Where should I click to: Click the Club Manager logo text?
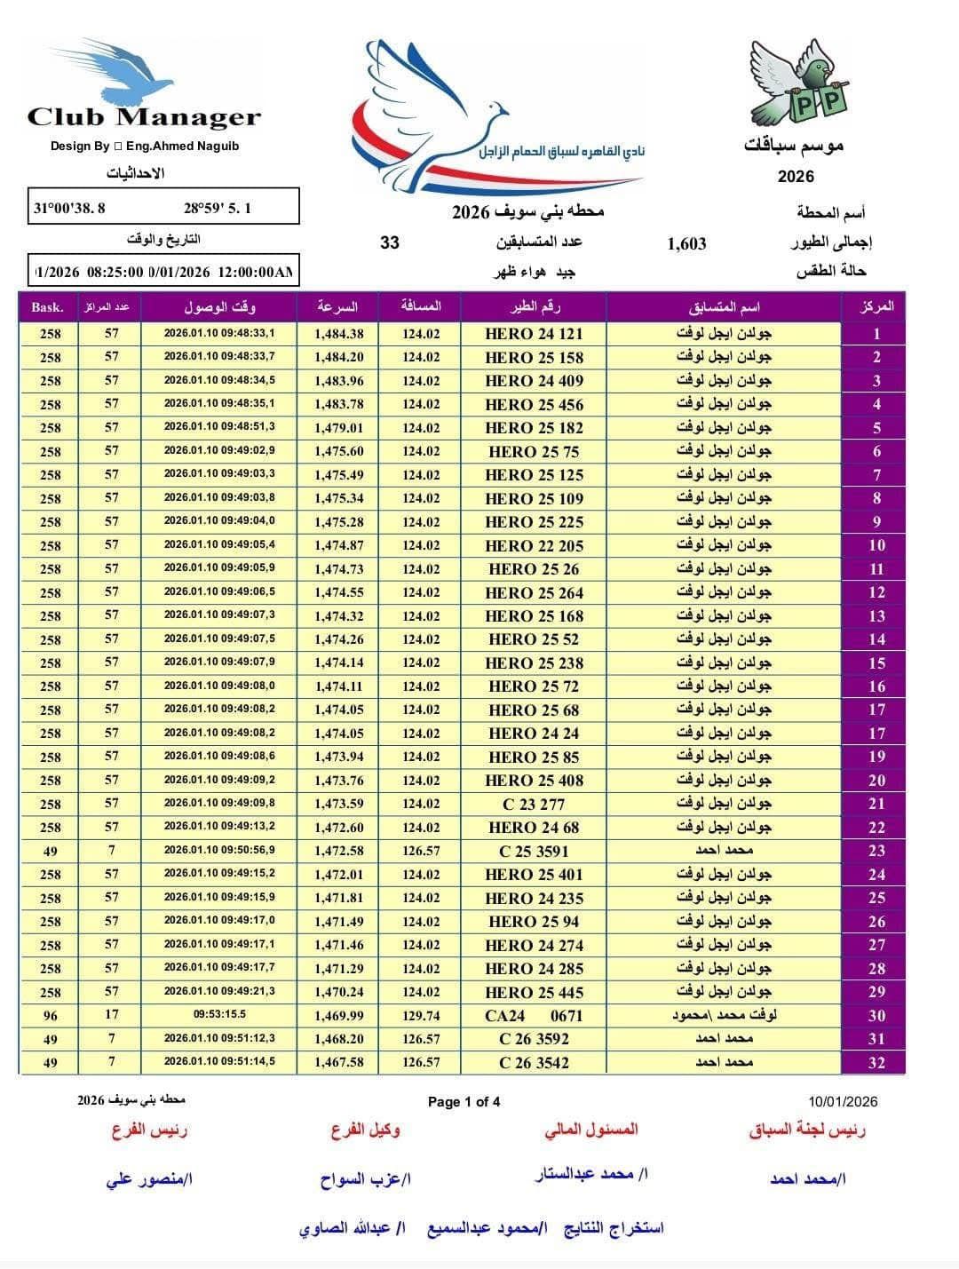(x=144, y=116)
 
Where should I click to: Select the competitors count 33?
(x=390, y=242)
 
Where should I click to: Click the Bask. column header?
(x=48, y=307)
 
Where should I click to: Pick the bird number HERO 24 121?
(x=534, y=334)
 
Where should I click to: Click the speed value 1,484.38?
(x=338, y=334)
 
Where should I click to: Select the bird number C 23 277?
(x=534, y=804)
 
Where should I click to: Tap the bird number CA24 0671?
(x=534, y=1016)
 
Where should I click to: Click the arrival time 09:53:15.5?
(x=219, y=1014)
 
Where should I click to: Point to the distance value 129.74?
(x=421, y=1016)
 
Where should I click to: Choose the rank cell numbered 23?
(x=876, y=851)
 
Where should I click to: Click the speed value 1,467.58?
(x=338, y=1062)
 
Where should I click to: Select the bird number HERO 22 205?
(x=534, y=545)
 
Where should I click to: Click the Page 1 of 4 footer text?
(x=464, y=1102)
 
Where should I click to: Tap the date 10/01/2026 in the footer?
(x=843, y=1102)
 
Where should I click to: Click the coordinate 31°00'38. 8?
(x=69, y=209)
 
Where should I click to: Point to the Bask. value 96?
(x=50, y=1016)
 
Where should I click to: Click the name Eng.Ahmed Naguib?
(x=183, y=146)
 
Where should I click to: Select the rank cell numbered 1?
(x=876, y=334)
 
